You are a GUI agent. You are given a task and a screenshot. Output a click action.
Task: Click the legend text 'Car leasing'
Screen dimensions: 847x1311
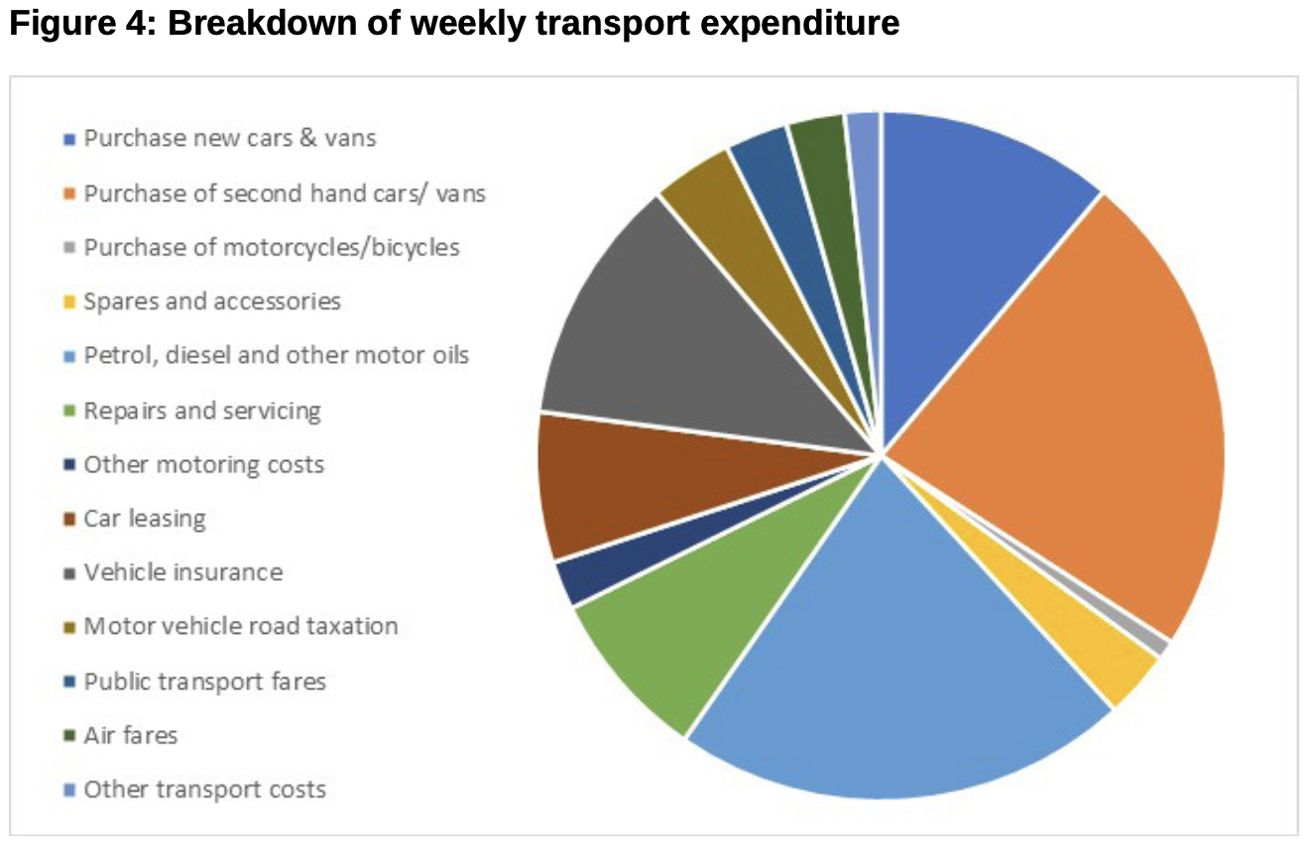coord(145,519)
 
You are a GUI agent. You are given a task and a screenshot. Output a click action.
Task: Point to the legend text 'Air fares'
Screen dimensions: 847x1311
coord(130,735)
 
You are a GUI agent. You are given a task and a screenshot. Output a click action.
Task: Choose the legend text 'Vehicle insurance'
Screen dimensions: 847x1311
coord(182,572)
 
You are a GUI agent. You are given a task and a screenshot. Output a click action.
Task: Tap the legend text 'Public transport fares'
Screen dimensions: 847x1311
coord(204,681)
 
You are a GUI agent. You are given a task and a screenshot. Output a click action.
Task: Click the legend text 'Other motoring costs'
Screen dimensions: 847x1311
coord(203,464)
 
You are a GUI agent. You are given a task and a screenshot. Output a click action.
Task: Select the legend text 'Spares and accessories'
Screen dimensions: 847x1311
coord(211,301)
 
